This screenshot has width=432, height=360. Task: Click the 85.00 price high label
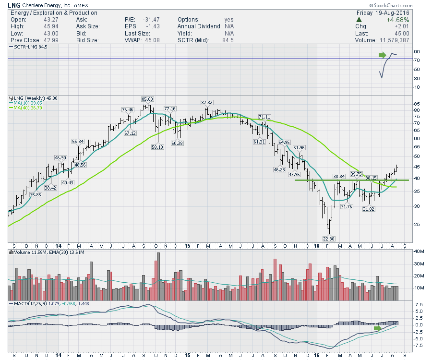147,99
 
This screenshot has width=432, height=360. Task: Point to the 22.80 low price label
329,239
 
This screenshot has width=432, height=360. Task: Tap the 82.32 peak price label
207,102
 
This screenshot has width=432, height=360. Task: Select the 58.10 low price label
157,147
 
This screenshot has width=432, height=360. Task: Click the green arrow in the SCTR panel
383,55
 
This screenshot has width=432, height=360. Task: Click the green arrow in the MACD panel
379,328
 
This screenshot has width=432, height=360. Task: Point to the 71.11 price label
264,117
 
